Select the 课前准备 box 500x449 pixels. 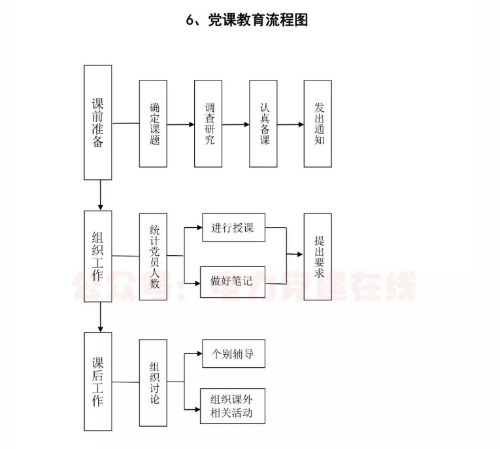(x=97, y=122)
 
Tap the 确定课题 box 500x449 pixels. (x=153, y=123)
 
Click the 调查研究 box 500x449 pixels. (x=208, y=123)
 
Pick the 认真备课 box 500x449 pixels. (x=263, y=123)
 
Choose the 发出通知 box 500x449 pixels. (x=318, y=123)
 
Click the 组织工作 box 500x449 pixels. (x=97, y=256)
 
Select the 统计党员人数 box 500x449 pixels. (x=153, y=256)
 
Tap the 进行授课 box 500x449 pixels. (x=232, y=228)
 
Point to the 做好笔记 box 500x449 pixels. (x=232, y=282)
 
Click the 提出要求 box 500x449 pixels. (x=318, y=256)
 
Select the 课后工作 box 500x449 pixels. (x=97, y=382)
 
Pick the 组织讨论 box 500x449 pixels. (x=153, y=382)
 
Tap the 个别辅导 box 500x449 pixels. (x=232, y=355)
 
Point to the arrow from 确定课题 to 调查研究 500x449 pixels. (x=180, y=123)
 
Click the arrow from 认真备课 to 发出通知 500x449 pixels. (x=291, y=123)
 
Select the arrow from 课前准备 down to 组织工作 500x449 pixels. (x=101, y=195)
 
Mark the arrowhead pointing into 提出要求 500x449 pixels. (x=300, y=255)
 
